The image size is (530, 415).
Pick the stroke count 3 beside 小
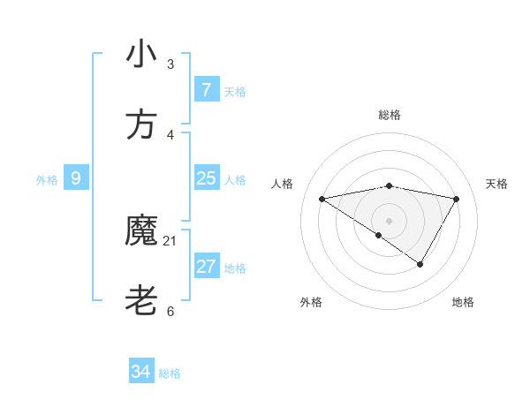[170, 64]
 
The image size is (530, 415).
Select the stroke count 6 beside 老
[170, 312]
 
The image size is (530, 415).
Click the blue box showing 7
[206, 89]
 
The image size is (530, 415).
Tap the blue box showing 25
[206, 178]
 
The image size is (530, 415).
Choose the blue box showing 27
[206, 267]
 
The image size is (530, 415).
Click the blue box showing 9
[76, 178]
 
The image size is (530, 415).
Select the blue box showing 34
[140, 372]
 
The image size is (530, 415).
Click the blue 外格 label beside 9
[47, 180]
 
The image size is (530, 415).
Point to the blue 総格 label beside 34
[170, 373]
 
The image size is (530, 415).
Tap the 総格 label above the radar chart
[390, 115]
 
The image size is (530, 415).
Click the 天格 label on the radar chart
[496, 184]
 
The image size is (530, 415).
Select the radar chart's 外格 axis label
[311, 302]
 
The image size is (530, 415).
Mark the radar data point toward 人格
[322, 199]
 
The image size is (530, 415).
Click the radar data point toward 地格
[420, 264]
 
